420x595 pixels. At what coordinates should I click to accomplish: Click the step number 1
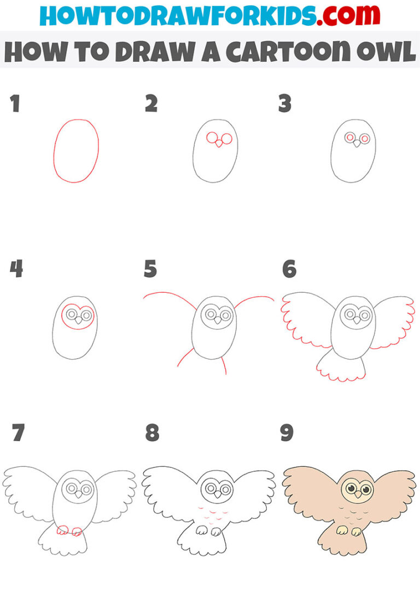(15, 103)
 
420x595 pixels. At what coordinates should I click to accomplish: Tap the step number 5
(150, 269)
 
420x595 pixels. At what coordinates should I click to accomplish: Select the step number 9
(287, 433)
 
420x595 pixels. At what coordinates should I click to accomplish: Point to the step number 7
(17, 433)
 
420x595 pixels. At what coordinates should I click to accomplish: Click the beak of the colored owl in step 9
(356, 494)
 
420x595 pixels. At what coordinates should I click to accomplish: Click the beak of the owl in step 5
(218, 320)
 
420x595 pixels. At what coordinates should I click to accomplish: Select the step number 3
(285, 103)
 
